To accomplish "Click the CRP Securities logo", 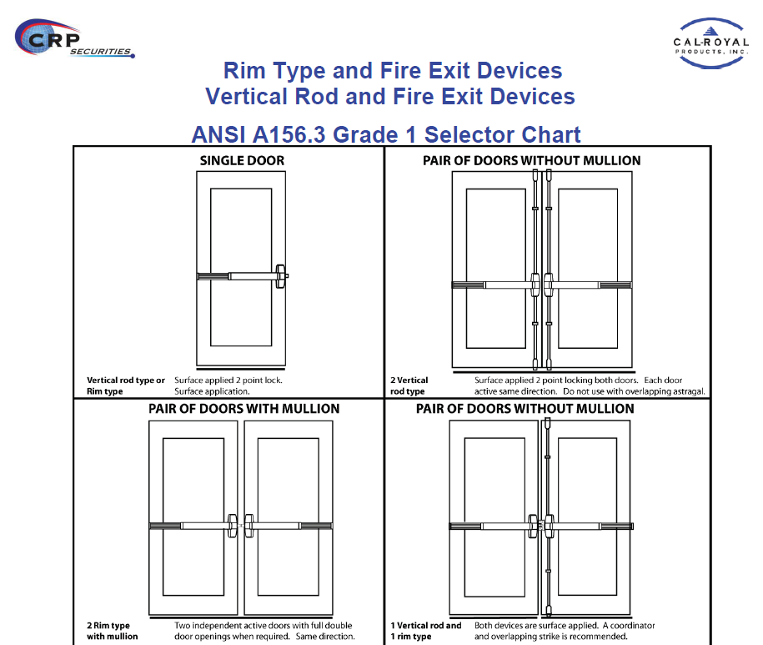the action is click(74, 39).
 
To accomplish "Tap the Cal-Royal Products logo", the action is click(710, 43).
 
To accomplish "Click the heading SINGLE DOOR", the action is click(242, 161).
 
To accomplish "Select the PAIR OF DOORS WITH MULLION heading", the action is click(243, 408).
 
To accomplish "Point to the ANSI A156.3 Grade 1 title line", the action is click(386, 134).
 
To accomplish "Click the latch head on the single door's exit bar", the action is click(281, 276).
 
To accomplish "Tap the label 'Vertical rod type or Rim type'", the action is click(126, 385).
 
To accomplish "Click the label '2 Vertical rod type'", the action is click(409, 385).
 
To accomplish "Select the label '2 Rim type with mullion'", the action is click(112, 631).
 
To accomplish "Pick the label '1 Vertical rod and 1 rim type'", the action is click(426, 631).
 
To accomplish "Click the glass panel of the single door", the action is click(241, 267).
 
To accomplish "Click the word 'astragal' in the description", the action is click(689, 391).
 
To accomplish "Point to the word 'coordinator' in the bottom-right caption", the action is click(633, 626).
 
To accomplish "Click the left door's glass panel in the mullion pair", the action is click(193, 517).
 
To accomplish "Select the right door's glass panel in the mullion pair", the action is click(288, 517).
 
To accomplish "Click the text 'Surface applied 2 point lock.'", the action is click(228, 380).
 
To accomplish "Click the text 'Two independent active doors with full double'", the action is click(264, 626).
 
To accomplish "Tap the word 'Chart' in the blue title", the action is click(550, 134).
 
